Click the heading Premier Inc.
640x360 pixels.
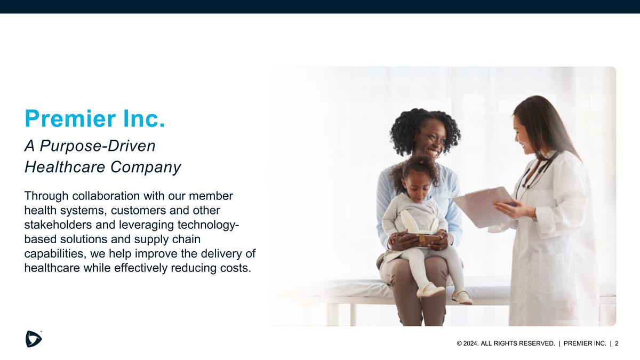click(94, 118)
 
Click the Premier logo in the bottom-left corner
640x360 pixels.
click(33, 339)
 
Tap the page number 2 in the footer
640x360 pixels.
click(617, 343)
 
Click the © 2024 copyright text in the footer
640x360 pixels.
click(468, 343)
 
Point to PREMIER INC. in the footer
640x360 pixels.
click(585, 343)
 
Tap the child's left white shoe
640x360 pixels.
click(430, 290)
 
